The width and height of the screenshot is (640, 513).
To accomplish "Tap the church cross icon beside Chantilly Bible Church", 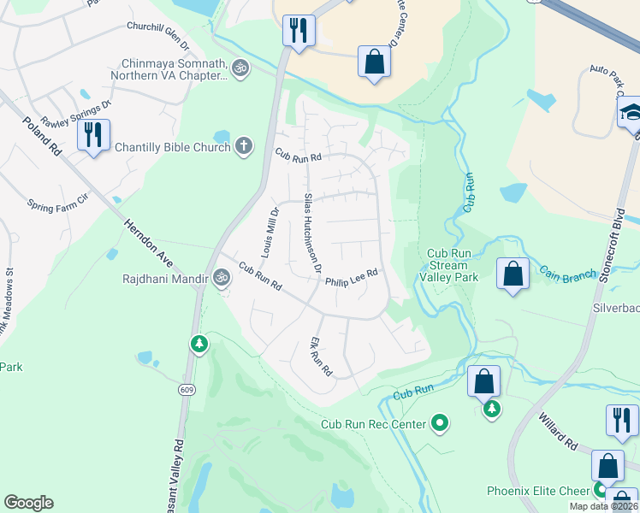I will tap(244, 146).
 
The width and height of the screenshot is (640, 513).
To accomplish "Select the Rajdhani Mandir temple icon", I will tap(222, 277).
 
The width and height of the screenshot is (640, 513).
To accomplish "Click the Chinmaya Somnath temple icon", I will tap(240, 67).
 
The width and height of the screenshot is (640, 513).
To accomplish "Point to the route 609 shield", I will tap(186, 389).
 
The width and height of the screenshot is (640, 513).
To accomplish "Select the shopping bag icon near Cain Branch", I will tap(513, 274).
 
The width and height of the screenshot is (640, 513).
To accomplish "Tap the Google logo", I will tap(28, 503).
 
